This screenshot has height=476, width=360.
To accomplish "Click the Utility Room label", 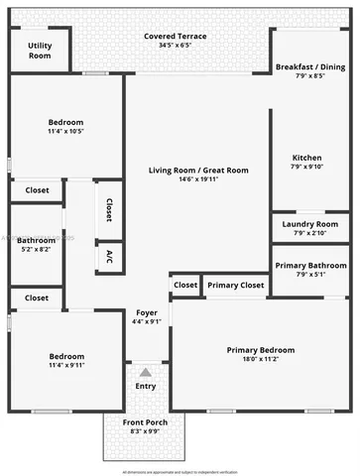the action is [40, 51].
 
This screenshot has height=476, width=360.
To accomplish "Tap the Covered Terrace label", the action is [175, 36].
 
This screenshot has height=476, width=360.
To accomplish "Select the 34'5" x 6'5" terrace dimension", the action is [175, 46].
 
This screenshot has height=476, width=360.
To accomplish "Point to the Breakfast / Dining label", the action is [310, 67].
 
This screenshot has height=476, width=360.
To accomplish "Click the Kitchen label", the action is [307, 158].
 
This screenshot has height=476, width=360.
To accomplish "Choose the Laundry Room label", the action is [310, 224].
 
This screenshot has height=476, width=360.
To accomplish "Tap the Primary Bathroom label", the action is [310, 265].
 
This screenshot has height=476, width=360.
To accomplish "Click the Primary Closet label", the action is [236, 286].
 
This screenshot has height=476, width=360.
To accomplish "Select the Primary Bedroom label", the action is [261, 350].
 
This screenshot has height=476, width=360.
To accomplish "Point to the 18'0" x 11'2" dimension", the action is [261, 360].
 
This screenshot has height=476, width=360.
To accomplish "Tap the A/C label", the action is [109, 256].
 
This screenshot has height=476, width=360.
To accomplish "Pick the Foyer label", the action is [146, 312].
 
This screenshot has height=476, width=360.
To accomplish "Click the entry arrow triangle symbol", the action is [146, 371].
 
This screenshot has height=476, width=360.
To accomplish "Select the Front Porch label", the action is [146, 423].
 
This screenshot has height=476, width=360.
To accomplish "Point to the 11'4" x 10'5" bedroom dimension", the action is [65, 131].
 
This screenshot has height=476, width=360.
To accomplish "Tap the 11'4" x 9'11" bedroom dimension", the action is [65, 366].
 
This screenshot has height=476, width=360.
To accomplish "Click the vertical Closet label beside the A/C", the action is [108, 209].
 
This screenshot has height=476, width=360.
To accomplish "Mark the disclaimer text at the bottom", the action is [180, 469].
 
